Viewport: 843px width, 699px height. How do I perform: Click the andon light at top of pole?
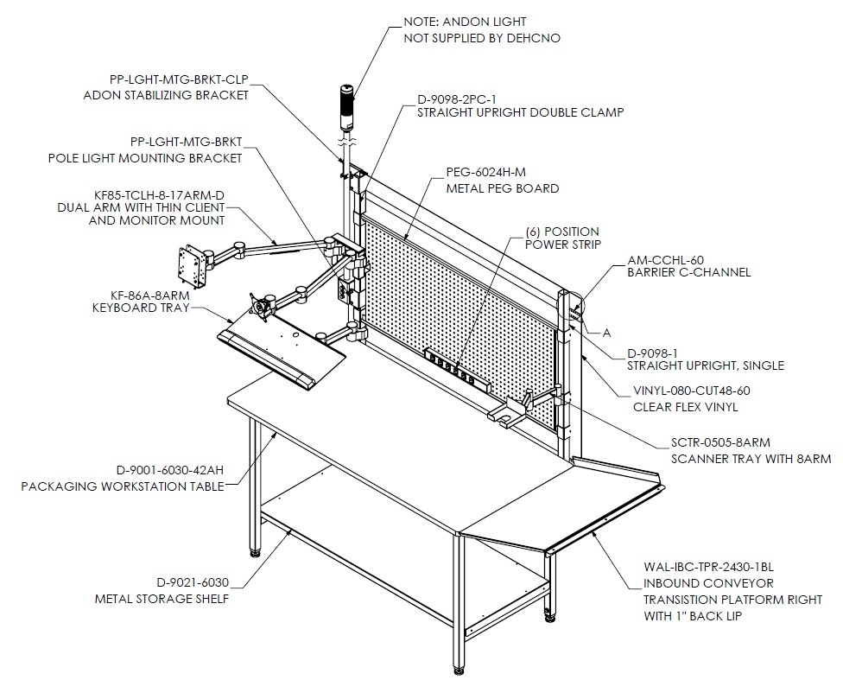point(346,107)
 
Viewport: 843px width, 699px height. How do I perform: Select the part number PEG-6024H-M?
point(486,172)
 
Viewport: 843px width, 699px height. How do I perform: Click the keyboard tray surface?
point(282,350)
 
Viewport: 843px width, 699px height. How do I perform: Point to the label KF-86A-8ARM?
point(150,295)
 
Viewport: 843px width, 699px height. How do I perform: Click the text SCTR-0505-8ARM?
point(720,442)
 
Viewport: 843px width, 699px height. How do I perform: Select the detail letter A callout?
point(607,334)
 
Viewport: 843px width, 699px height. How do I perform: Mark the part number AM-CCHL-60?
point(666,260)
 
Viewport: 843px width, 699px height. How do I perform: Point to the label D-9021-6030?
point(193,583)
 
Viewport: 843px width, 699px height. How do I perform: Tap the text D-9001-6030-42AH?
point(170,471)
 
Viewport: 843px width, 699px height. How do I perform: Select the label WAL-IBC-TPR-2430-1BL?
point(708,567)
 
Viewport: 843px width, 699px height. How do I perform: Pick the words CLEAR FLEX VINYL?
point(686,407)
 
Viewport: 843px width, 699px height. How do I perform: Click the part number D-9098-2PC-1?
point(457,99)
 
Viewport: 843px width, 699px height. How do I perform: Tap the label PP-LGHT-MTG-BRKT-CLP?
point(179,79)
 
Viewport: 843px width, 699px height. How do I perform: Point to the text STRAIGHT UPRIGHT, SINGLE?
point(706,365)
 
